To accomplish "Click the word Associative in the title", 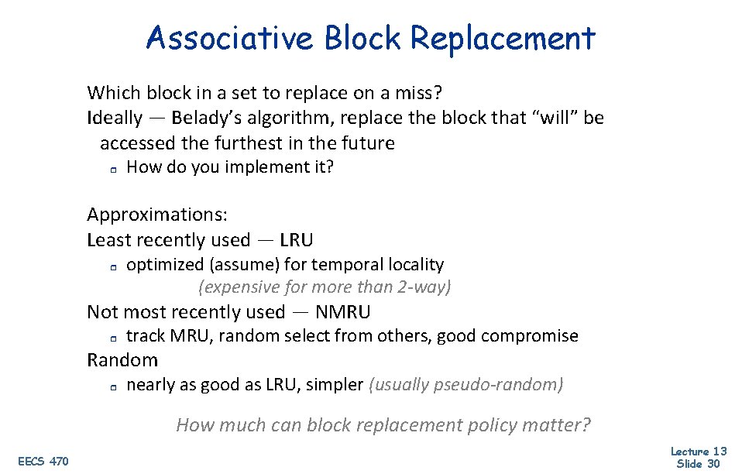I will point(229,38).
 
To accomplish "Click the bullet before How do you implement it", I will point(112,168).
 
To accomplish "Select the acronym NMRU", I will point(342,312).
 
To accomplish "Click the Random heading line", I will point(122,360).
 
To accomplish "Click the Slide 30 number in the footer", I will point(699,464).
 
